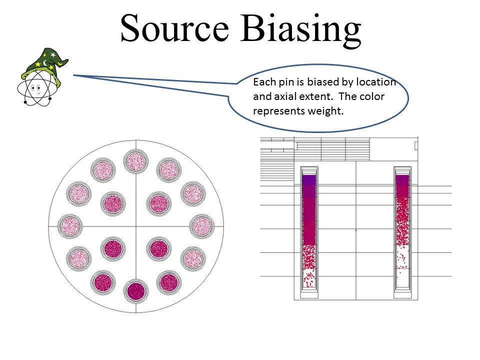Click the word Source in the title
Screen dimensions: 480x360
tap(175, 28)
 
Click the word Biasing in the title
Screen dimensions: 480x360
tap(301, 30)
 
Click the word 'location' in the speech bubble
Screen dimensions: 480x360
tap(376, 82)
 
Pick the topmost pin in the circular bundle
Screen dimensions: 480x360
tap(136, 161)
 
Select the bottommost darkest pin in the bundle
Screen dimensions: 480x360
tap(136, 291)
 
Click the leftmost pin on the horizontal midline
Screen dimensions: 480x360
tap(70, 226)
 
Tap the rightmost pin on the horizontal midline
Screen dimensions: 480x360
tap(201, 226)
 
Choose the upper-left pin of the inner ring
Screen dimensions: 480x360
tap(113, 203)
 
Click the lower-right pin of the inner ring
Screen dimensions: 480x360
tap(159, 249)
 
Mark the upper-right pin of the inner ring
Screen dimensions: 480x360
tap(159, 203)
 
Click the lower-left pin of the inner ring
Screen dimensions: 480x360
tap(113, 249)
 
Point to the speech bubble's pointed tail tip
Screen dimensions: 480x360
tap(74, 75)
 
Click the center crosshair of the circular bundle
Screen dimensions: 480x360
tap(136, 226)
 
